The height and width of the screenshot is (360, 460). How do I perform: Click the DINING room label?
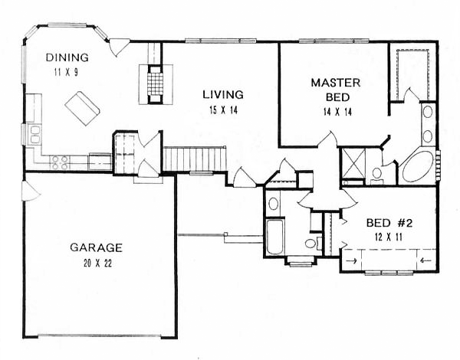tap(67, 57)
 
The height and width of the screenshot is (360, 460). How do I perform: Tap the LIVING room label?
tap(223, 95)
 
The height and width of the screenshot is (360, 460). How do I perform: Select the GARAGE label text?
tap(96, 247)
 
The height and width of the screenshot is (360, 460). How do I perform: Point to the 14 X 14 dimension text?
tap(337, 112)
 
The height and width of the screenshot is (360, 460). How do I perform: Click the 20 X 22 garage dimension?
tap(97, 263)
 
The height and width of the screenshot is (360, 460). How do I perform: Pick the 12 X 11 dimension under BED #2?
tap(388, 237)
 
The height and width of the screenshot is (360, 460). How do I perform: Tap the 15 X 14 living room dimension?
tap(224, 110)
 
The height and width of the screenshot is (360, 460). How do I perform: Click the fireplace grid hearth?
tap(155, 83)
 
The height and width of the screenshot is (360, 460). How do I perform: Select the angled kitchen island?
tap(83, 109)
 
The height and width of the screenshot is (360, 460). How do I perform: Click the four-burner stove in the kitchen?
tap(60, 162)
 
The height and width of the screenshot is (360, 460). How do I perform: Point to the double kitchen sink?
tap(34, 135)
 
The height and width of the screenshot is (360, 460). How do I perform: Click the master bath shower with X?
tap(353, 163)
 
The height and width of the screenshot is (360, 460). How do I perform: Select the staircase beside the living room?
tap(195, 159)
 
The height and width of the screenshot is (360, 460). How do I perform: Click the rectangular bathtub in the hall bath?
tap(275, 237)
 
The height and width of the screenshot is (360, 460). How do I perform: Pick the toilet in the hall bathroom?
tap(313, 243)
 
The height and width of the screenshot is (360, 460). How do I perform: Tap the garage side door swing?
tap(31, 191)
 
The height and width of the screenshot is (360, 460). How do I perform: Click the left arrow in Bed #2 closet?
tap(423, 260)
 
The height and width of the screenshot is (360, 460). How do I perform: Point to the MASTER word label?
tap(336, 83)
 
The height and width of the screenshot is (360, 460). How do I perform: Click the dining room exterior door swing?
tap(119, 47)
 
